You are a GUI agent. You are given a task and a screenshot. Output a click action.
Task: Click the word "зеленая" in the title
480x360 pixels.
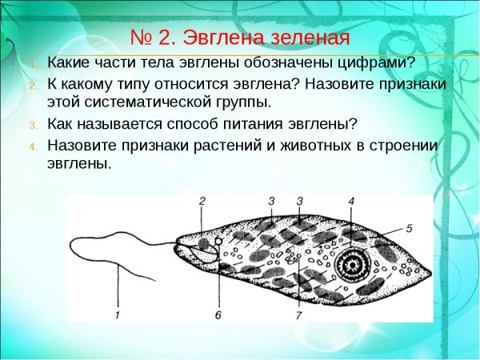point(308,38)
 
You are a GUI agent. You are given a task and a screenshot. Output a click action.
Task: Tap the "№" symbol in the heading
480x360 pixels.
point(142,38)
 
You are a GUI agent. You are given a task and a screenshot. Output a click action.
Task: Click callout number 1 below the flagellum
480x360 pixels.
point(117,314)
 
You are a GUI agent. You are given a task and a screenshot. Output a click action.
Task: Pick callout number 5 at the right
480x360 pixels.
point(409,228)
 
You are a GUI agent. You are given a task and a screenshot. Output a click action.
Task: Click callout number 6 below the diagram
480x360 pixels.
point(218,314)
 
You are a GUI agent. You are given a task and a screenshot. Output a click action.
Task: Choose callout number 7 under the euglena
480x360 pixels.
point(298,314)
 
